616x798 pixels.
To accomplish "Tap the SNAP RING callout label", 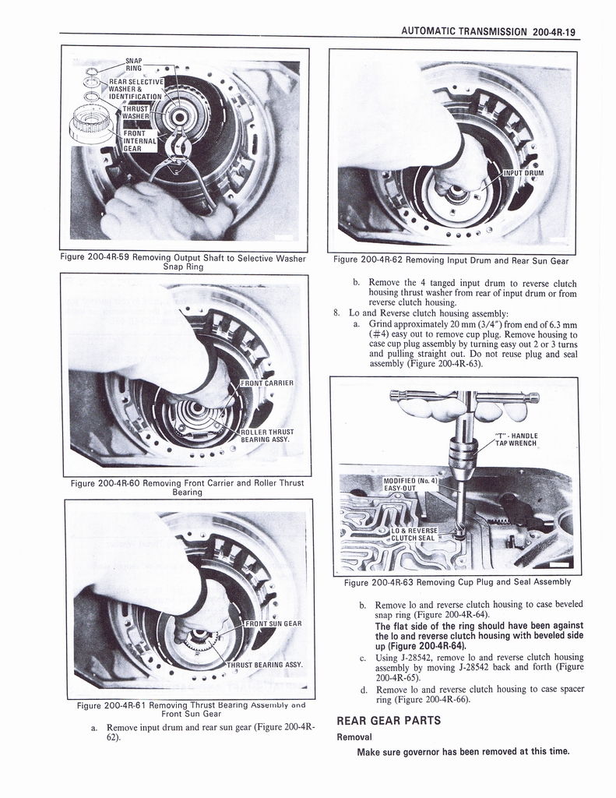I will [x=133, y=64].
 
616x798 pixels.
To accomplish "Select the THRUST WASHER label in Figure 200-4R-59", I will [x=136, y=113].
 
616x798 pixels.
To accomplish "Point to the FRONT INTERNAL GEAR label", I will [x=139, y=141].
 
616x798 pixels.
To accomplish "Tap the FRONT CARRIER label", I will [x=267, y=383].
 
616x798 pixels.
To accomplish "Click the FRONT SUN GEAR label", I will [x=273, y=623].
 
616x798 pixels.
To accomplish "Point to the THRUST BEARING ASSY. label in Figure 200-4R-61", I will [x=264, y=665].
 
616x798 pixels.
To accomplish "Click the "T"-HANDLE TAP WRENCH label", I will [x=516, y=440].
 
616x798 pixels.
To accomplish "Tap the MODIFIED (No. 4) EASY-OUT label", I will [x=411, y=484].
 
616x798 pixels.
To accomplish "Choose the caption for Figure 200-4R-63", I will [x=457, y=581].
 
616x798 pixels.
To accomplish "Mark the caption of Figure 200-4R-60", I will [x=187, y=488].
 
